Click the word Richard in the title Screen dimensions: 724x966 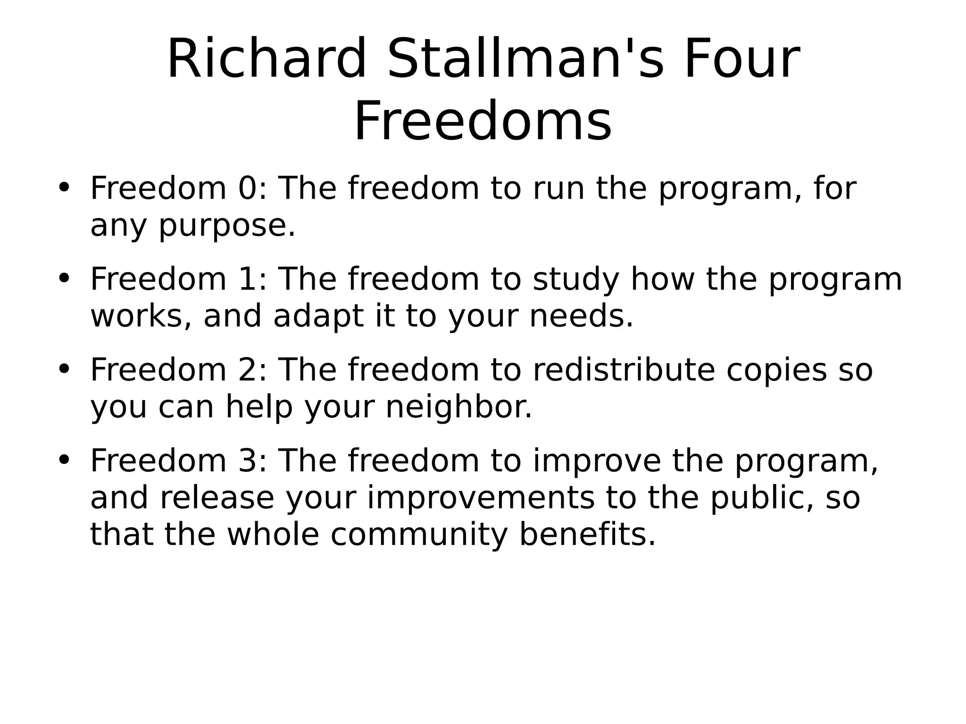266,59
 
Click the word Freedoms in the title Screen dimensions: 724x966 483,122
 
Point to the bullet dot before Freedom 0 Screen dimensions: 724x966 64,187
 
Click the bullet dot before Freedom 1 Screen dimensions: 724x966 64,278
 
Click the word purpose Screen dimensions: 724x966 226,226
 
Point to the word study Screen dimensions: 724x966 575,280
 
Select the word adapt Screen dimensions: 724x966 318,316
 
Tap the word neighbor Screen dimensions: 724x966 458,407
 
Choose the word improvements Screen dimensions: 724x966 481,498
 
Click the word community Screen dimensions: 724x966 419,535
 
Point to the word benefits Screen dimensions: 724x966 587,534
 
